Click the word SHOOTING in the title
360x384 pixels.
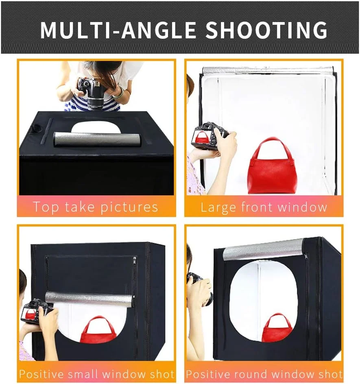[266, 30]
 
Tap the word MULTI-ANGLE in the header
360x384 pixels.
[118, 30]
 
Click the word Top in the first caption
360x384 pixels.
[46, 207]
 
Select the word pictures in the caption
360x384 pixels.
[129, 207]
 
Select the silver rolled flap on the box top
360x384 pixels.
[97, 140]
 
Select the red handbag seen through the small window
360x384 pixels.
[99, 329]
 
